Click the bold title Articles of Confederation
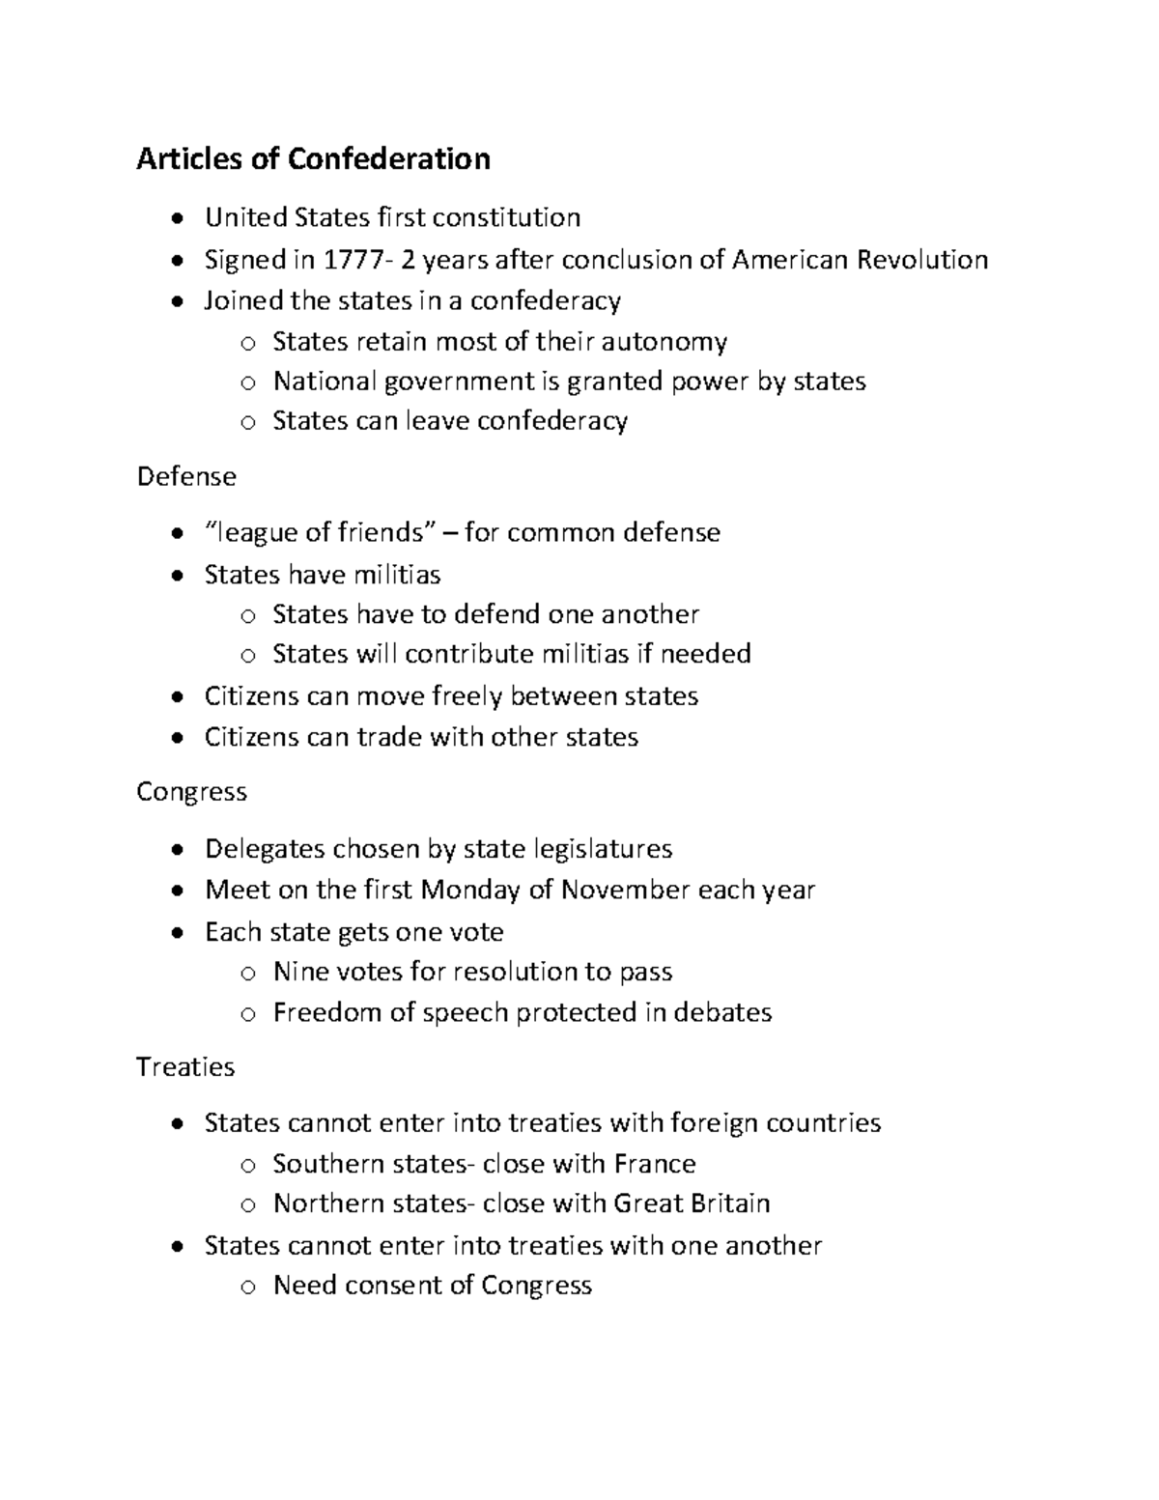point(313,158)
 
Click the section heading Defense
point(186,476)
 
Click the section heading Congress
point(191,792)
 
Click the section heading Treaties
point(185,1067)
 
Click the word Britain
point(729,1203)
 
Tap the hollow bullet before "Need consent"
point(248,1287)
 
